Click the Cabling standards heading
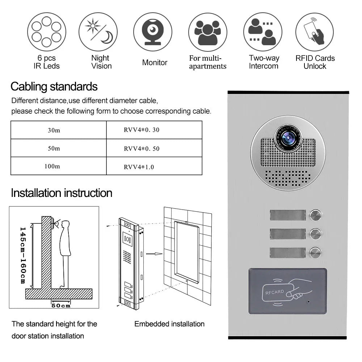tap(54, 87)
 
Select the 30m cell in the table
tap(54, 130)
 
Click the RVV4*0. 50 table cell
tap(142, 148)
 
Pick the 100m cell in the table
tap(52, 166)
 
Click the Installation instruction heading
tap(62, 193)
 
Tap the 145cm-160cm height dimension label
tap(22, 256)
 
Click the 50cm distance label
tap(61, 305)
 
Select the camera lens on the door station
tap(288, 138)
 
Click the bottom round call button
tap(315, 252)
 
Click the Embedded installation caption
tap(169, 324)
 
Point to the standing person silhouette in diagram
tap(65, 253)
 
